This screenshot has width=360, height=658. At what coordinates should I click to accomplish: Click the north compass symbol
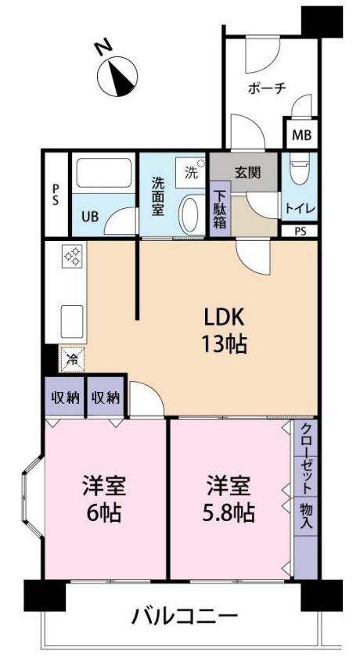pyautogui.click(x=117, y=74)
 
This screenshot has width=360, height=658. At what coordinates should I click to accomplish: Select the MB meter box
pyautogui.click(x=301, y=135)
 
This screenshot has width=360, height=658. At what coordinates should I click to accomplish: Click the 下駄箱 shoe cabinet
pyautogui.click(x=220, y=209)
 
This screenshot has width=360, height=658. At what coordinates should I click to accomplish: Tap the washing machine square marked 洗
pyautogui.click(x=192, y=173)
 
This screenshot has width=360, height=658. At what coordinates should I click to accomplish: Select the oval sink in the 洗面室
pyautogui.click(x=190, y=212)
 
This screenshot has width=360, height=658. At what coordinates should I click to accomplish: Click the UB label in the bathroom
pyautogui.click(x=91, y=217)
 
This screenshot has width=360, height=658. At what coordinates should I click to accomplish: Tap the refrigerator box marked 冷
pyautogui.click(x=70, y=359)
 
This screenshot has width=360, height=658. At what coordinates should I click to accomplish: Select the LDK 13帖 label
pyautogui.click(x=225, y=331)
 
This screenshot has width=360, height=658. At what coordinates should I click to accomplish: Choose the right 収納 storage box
pyautogui.click(x=105, y=397)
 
